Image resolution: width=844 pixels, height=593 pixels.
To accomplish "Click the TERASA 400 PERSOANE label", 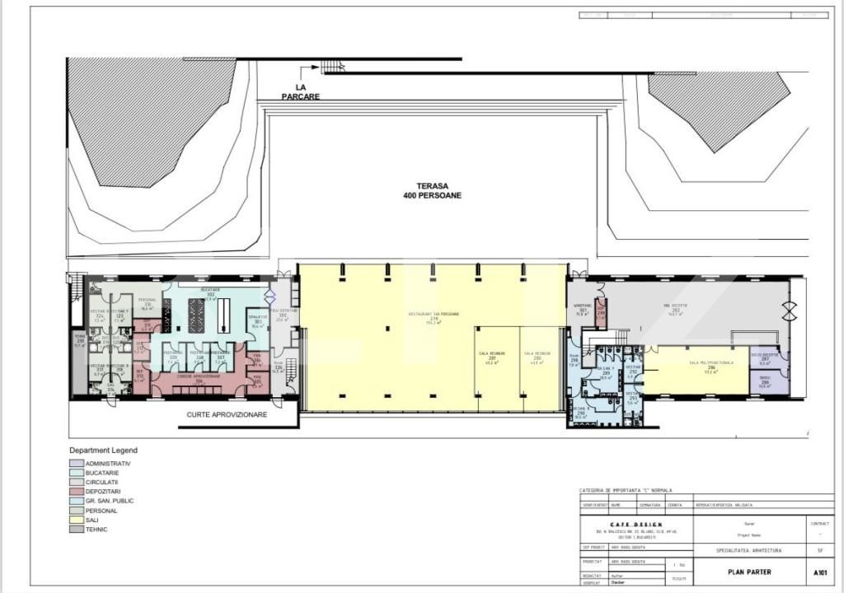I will click(x=432, y=191).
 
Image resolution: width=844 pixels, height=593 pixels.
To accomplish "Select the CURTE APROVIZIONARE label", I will click(x=227, y=415).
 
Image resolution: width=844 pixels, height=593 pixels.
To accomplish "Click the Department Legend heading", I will click(x=103, y=451).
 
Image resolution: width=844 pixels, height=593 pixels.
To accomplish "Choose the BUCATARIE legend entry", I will click(x=102, y=473).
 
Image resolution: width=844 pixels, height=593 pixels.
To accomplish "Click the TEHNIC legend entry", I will click(x=96, y=530).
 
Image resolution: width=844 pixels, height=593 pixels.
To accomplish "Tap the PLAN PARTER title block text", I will click(x=749, y=572).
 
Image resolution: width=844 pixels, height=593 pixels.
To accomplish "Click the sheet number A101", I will click(x=819, y=572).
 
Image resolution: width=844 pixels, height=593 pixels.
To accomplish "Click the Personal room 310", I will click(x=148, y=305).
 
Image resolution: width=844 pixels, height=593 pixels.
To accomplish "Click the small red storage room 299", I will click(x=601, y=311).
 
